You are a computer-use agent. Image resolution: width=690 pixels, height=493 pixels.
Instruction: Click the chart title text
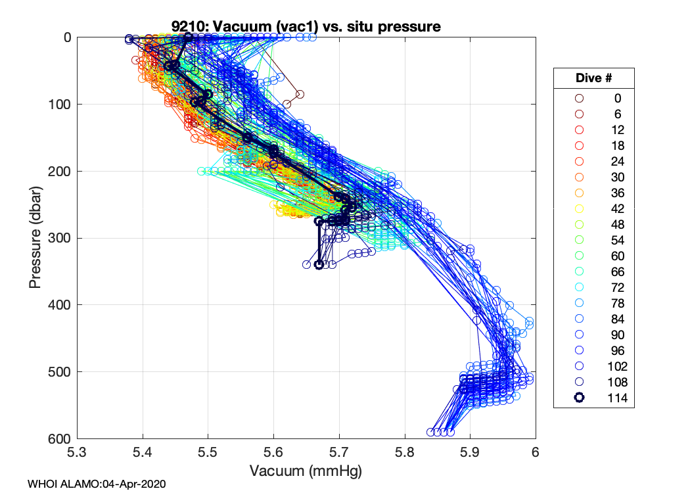tap(306, 27)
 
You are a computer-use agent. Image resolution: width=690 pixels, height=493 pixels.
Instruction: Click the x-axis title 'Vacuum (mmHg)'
tap(306, 471)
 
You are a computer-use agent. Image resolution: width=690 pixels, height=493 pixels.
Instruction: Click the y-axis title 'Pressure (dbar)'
tap(35, 237)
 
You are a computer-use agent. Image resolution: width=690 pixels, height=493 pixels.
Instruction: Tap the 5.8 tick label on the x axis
tap(405, 453)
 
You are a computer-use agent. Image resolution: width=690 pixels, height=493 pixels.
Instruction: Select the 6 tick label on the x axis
tap(536, 453)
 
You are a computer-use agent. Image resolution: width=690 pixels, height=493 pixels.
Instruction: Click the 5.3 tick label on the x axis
tap(78, 453)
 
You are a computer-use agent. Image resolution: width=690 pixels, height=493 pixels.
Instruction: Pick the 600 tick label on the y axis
tap(60, 438)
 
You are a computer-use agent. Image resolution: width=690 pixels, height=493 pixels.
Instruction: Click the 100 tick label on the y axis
tap(60, 105)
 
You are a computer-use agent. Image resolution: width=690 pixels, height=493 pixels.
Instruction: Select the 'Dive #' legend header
tap(593, 78)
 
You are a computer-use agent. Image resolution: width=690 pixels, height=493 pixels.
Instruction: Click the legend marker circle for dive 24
tap(579, 161)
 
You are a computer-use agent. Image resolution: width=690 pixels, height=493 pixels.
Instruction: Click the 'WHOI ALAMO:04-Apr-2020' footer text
tap(97, 484)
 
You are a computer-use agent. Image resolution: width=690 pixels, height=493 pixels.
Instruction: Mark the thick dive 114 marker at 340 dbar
tap(319, 265)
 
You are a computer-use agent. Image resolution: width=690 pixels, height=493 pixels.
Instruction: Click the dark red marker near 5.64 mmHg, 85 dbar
tap(300, 94)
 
